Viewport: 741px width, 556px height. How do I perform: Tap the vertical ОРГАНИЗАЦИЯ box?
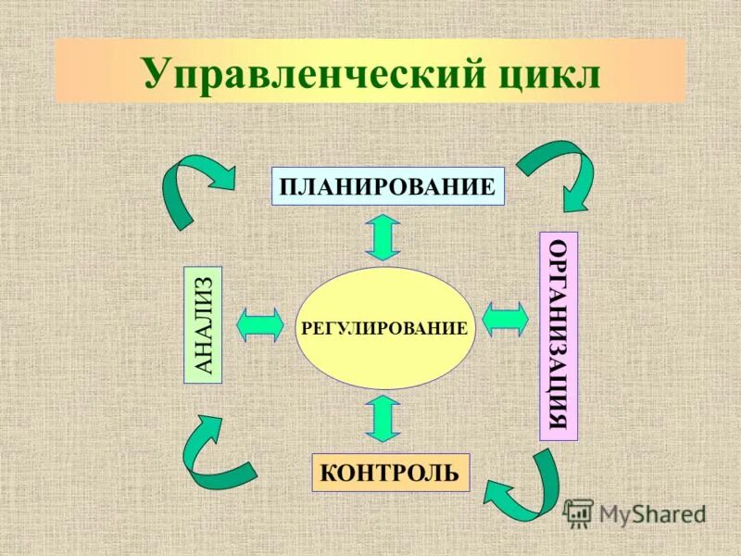tap(558, 335)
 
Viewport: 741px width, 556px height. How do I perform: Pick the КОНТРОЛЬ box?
tap(390, 473)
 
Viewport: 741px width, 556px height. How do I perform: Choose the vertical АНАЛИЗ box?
tap(205, 324)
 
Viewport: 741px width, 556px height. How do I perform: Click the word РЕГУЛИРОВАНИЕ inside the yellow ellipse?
tap(383, 328)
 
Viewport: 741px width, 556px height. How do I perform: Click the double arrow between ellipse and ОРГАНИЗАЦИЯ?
tap(506, 320)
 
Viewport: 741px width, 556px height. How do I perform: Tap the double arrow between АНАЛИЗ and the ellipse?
tap(260, 324)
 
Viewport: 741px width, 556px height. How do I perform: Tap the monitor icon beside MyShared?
tap(579, 512)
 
